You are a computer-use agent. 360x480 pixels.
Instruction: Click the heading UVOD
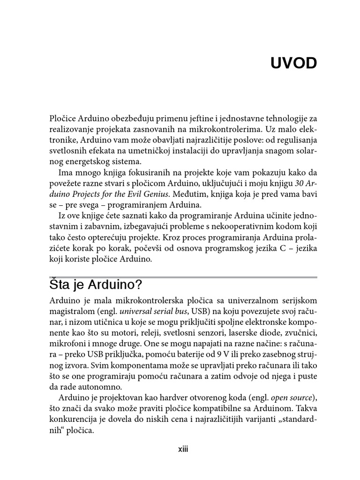pos(293,64)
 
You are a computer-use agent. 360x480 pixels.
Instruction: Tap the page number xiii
pos(183,449)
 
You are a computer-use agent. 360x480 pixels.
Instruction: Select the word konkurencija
pos(72,420)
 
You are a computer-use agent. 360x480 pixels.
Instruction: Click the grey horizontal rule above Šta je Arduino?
pos(183,277)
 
